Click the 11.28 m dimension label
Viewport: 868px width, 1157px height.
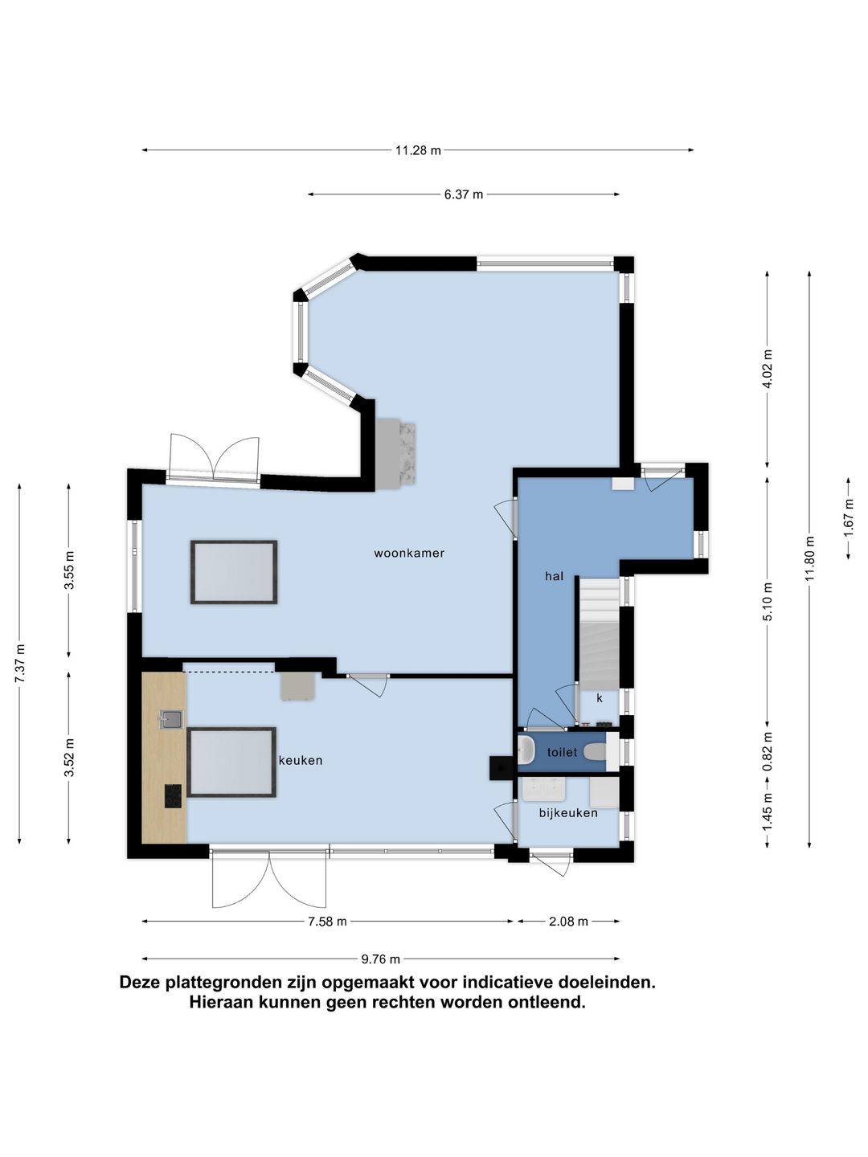418,150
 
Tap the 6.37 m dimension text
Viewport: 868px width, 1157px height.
463,194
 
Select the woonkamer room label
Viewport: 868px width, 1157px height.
409,553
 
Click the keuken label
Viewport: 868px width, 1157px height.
301,760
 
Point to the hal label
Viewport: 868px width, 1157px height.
554,576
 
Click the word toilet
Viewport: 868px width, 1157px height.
562,752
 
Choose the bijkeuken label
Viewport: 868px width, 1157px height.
568,813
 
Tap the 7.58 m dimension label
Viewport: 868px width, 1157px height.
327,922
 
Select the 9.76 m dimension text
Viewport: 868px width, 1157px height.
380,959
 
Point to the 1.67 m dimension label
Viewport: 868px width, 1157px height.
848,519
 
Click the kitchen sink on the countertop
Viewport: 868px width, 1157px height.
171,719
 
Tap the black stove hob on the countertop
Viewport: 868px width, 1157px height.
173,796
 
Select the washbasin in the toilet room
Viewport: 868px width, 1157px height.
526,750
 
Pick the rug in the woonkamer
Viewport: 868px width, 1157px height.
233,572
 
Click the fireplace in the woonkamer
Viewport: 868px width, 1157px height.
395,452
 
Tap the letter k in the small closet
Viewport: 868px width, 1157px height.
600,698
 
